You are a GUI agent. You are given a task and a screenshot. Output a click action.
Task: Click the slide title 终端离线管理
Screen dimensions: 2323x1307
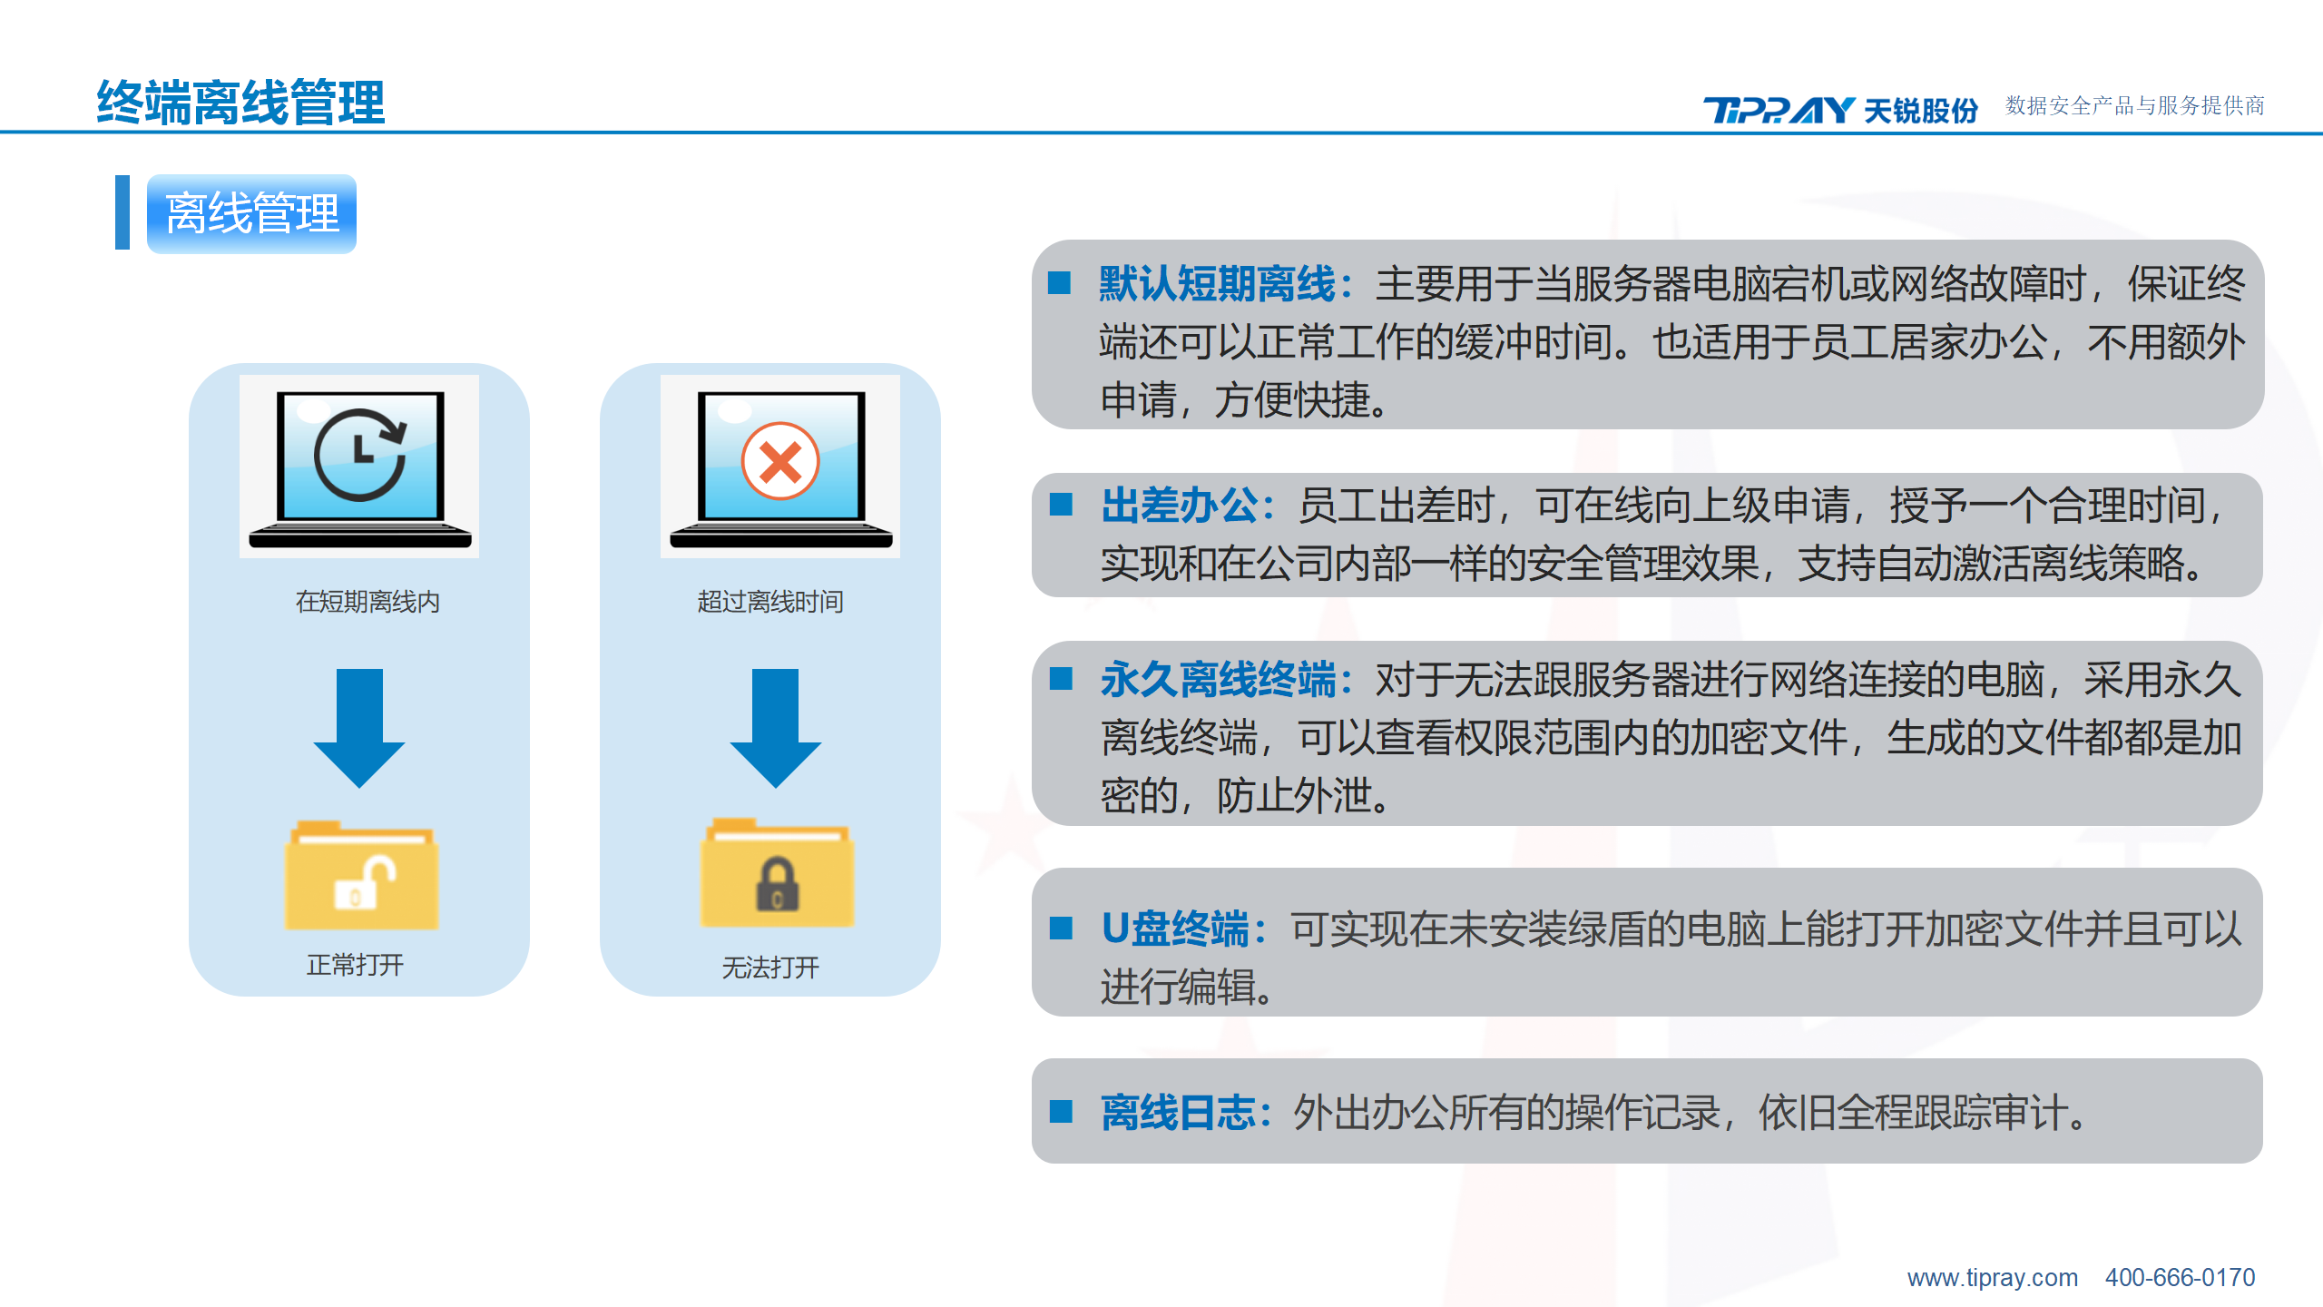tap(240, 102)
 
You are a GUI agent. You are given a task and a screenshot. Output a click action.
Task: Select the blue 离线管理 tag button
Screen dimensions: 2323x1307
tap(251, 213)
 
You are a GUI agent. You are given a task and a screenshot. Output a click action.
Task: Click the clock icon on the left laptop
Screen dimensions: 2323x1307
tap(360, 455)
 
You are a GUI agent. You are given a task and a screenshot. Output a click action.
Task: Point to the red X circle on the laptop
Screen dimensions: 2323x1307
tap(780, 461)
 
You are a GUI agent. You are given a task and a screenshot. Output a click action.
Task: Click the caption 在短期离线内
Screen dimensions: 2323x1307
tap(368, 602)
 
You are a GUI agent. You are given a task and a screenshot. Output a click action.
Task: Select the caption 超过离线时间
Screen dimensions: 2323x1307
tap(770, 602)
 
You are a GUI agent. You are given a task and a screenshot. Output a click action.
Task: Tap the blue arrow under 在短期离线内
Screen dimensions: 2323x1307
tap(359, 728)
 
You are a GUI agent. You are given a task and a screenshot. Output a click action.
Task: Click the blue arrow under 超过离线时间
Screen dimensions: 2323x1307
tap(775, 728)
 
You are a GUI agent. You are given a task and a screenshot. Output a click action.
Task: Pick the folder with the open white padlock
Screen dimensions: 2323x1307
tap(361, 876)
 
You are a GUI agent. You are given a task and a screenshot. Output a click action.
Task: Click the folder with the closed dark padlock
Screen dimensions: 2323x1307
tap(777, 873)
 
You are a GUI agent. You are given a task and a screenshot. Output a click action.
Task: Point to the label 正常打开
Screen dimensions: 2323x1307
tap(355, 965)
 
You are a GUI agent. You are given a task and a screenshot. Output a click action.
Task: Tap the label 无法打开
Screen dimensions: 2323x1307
tap(770, 968)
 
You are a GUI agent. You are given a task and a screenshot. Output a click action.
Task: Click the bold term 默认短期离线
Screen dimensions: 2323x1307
tap(1217, 284)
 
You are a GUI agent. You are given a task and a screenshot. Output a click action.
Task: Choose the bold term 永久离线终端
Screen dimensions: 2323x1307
tap(1219, 680)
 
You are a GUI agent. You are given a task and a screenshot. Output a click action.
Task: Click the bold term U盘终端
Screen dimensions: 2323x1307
tap(1175, 929)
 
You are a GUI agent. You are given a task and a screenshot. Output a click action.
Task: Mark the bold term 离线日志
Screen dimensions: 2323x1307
tap(1179, 1112)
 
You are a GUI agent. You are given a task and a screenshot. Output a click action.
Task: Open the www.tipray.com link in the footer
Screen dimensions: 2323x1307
tap(1992, 1278)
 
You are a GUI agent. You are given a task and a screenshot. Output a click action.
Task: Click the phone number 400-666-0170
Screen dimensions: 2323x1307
tap(2180, 1278)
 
